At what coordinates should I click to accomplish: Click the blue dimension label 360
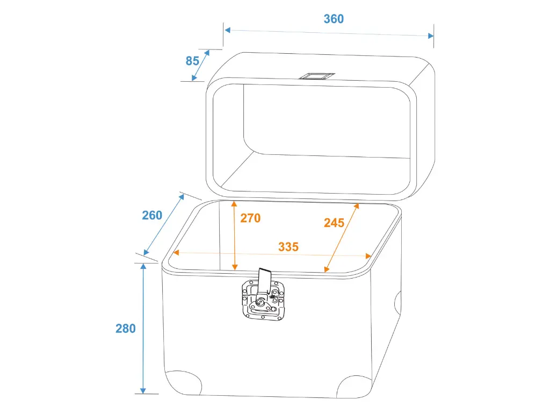coord(334,19)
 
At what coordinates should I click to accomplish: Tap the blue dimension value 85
coord(192,61)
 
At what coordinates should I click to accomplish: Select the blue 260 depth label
coord(152,215)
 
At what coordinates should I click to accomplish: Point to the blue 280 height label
coord(126,329)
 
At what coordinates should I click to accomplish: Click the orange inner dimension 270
coord(250,218)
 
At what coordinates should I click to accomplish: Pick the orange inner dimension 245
coord(334,223)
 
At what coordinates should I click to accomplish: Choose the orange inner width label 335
coord(288,247)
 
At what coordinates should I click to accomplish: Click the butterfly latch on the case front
coord(263,300)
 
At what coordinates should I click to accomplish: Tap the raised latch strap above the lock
coord(264,280)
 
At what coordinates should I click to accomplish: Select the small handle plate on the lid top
coord(316,76)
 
